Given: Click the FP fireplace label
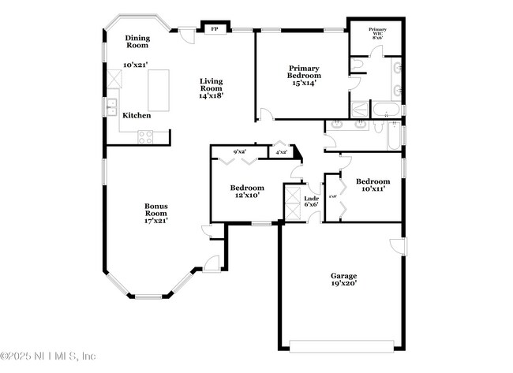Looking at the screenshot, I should coord(213,30).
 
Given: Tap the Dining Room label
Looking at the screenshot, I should coord(137,41).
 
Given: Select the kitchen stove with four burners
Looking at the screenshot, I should coord(146,136).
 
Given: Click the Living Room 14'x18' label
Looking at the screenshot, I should coord(211,88).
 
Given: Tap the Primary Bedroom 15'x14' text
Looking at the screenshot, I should coord(303,76).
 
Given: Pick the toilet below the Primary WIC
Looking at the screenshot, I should coord(358,62).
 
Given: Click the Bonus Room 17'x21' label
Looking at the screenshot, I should coord(155,213).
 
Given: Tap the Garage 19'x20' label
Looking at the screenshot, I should coord(343,280).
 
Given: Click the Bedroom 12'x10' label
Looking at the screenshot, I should coord(247,192).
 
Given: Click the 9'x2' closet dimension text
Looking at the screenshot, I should coord(239,152).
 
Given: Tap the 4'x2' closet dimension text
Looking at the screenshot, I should coord(280,152).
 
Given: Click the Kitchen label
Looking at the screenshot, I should coord(136,116).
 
